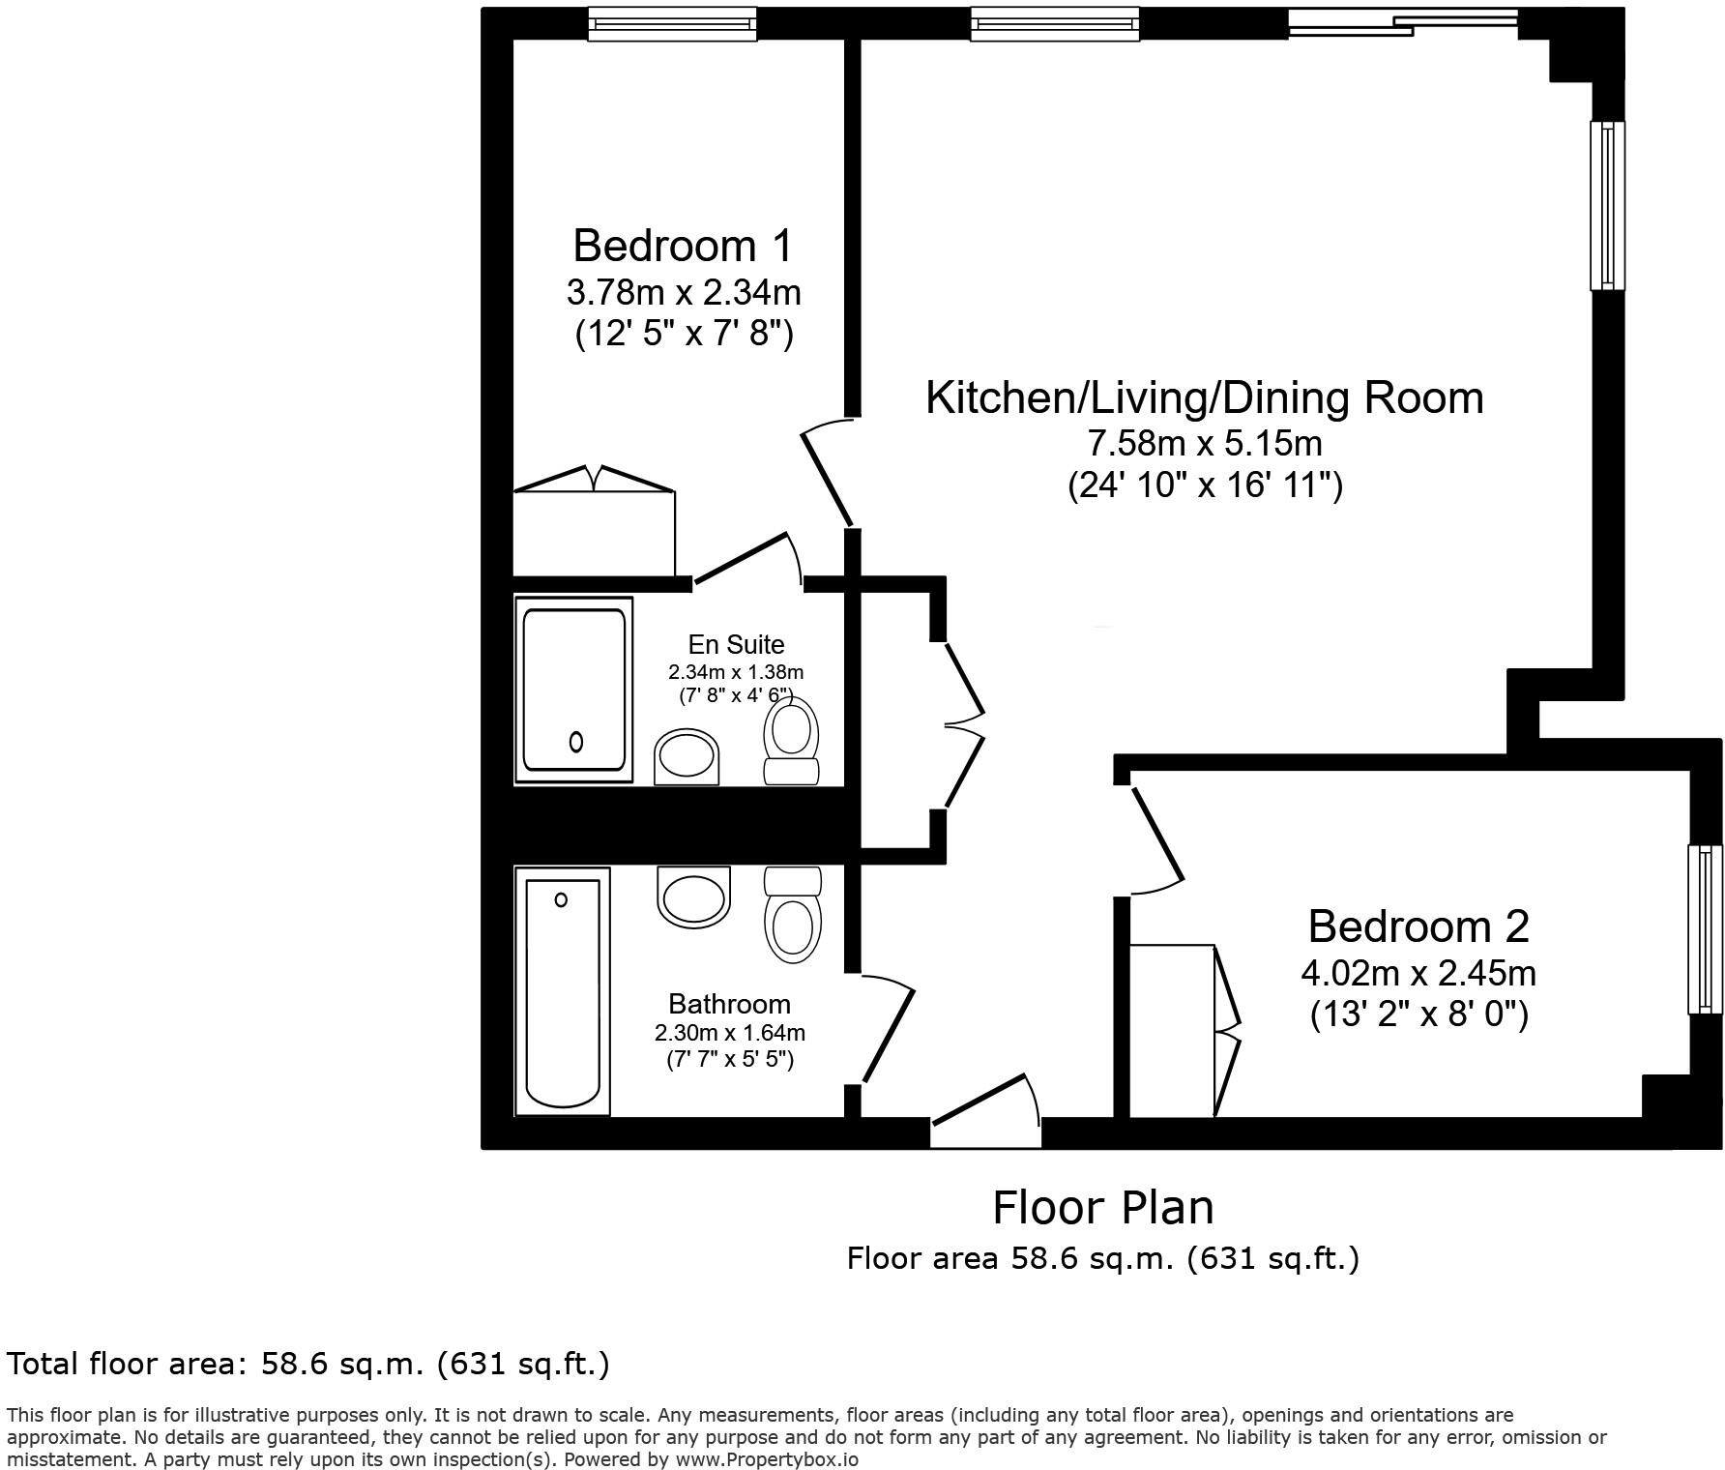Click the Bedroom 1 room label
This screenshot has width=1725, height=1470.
click(x=683, y=246)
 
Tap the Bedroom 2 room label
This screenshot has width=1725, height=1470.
click(x=1418, y=926)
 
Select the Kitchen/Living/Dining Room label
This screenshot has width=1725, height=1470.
click(x=1204, y=398)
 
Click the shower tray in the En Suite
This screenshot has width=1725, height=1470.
click(x=573, y=690)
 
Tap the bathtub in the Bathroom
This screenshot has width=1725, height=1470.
click(x=563, y=990)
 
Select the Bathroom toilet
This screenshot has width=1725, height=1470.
click(x=793, y=913)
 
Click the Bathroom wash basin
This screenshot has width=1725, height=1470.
click(x=692, y=896)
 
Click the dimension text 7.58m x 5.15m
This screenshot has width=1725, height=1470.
click(x=1204, y=444)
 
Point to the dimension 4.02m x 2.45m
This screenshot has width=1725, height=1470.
click(x=1418, y=972)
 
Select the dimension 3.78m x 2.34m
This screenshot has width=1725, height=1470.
click(x=683, y=291)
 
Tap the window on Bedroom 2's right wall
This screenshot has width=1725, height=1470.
click(x=1706, y=929)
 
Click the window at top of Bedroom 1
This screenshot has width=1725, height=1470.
click(x=673, y=23)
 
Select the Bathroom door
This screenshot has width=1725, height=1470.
click(x=888, y=1033)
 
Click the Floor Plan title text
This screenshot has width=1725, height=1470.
click(x=1102, y=1208)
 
